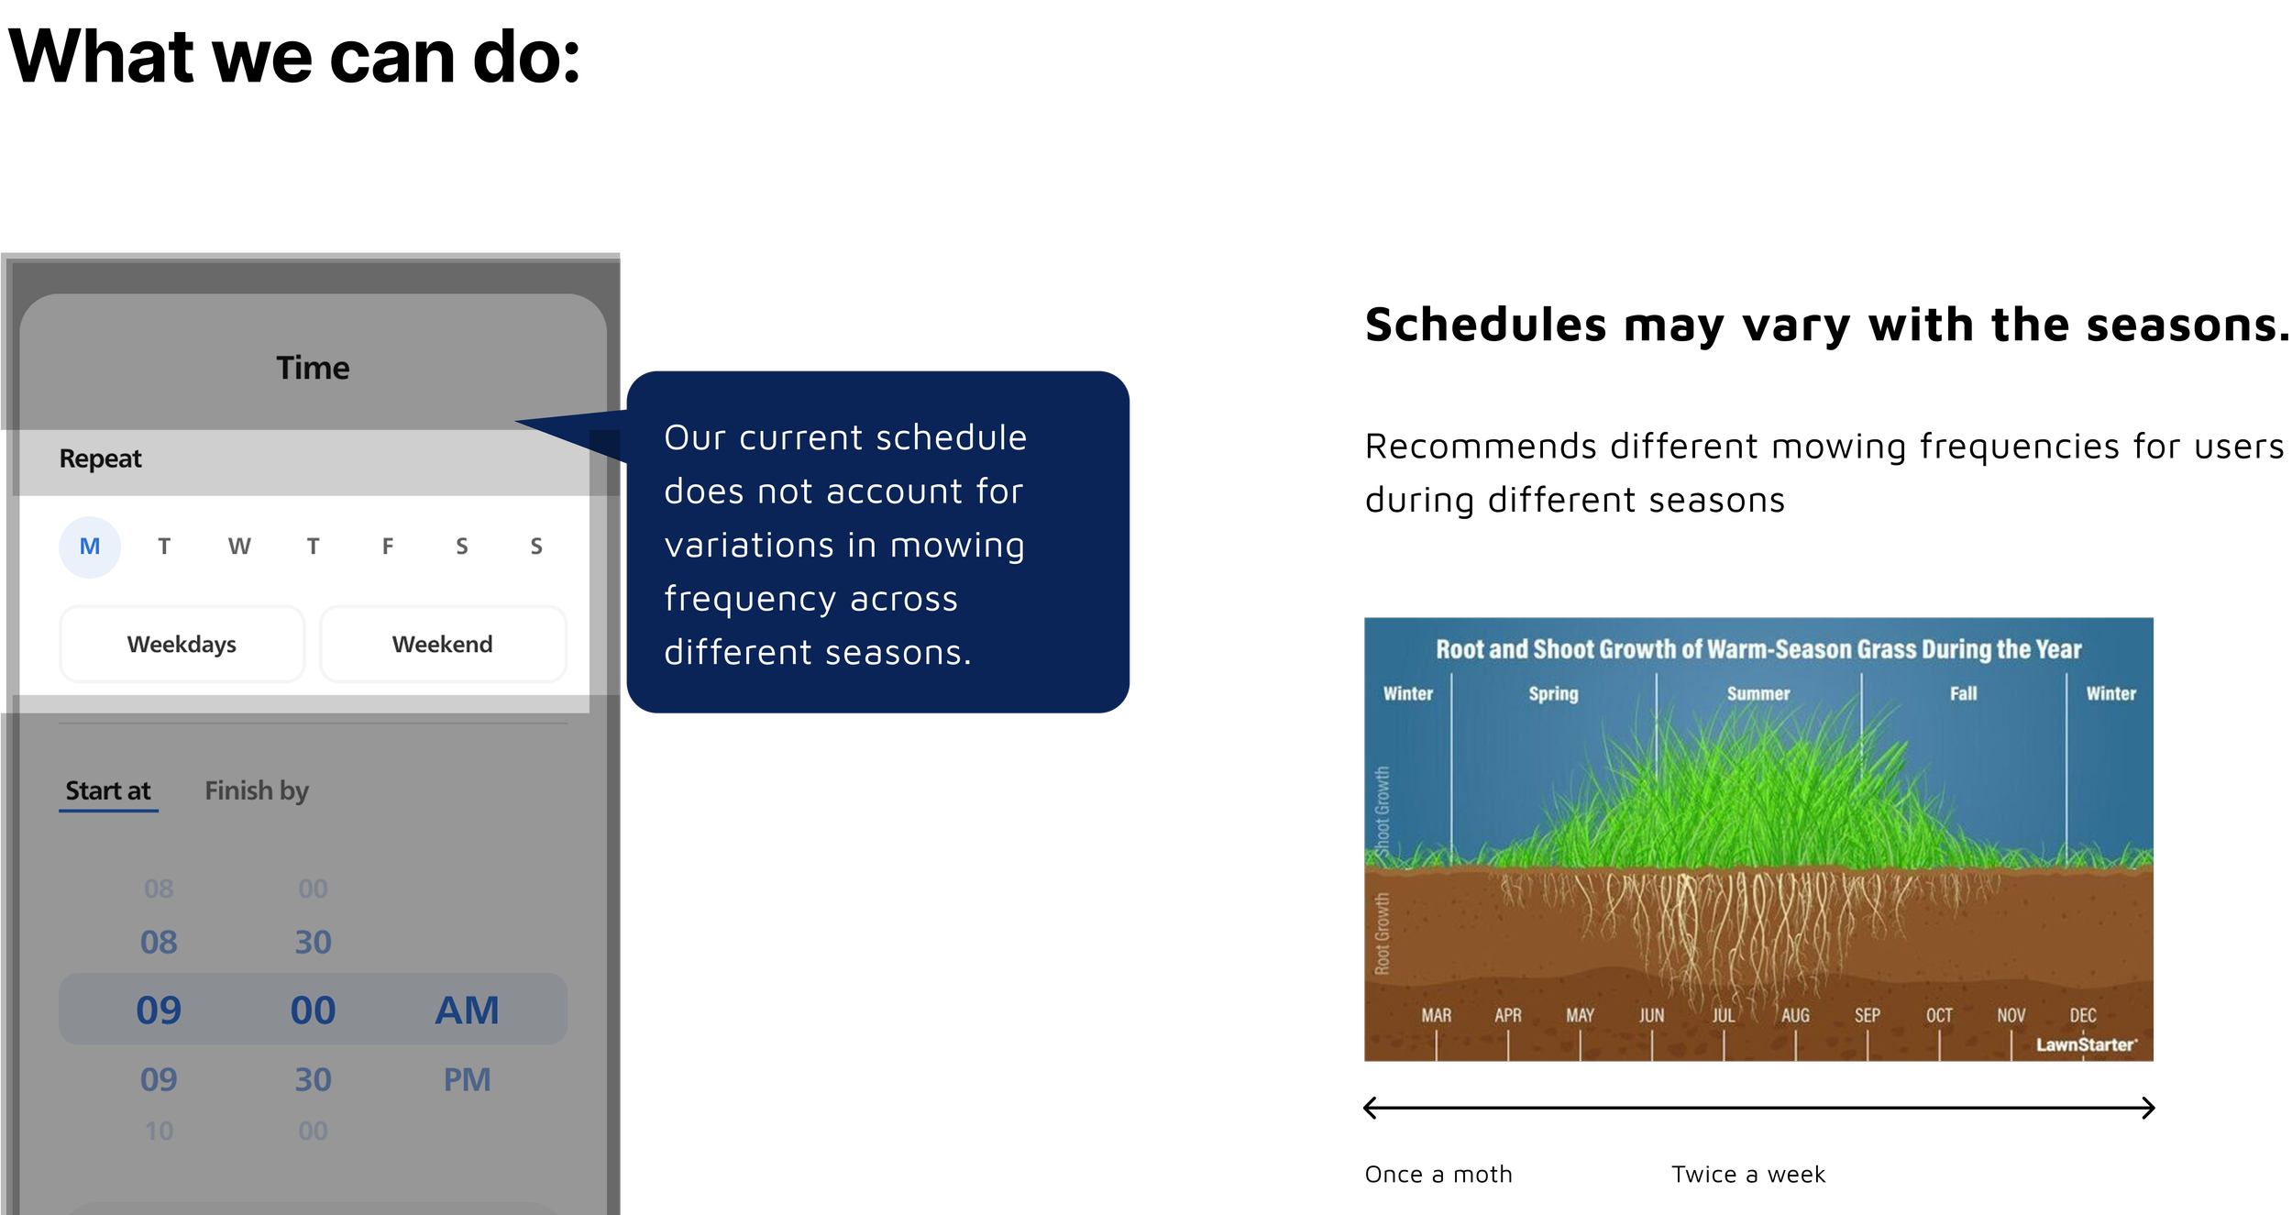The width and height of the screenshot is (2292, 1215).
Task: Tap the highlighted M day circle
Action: (x=90, y=547)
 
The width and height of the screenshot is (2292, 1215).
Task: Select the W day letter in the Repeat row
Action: (x=239, y=547)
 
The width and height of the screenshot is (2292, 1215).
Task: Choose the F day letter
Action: (x=388, y=547)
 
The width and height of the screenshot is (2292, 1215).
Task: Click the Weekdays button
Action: (x=182, y=644)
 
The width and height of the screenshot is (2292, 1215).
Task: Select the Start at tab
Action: (x=108, y=790)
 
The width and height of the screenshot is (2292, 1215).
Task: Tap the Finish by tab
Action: (x=257, y=790)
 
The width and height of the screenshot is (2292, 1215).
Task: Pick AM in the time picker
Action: (x=467, y=1010)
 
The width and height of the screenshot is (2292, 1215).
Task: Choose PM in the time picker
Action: (x=467, y=1079)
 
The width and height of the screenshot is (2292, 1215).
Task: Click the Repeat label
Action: (x=100, y=458)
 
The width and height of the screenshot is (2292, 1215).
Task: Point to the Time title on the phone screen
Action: (x=313, y=368)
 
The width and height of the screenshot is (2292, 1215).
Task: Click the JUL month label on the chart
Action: (x=1724, y=1015)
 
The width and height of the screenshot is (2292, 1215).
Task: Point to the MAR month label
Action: (x=1436, y=1015)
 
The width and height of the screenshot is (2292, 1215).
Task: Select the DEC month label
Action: (x=2083, y=1015)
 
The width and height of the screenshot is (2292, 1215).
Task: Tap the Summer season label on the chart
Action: (x=1758, y=693)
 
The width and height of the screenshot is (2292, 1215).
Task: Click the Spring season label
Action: (x=1553, y=693)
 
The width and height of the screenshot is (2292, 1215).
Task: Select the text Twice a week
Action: (x=1748, y=1174)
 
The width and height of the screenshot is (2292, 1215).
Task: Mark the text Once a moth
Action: (x=1438, y=1174)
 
